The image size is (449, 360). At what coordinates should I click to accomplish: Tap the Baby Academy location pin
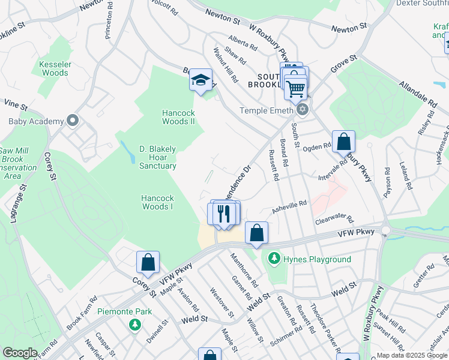coord(74,121)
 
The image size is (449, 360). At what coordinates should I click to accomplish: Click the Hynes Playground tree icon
coord(274,259)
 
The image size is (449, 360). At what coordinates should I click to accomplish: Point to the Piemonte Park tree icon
coord(136,325)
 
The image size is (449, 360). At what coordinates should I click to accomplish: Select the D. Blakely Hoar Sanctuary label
coord(158,157)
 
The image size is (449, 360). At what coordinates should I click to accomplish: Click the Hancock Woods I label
coord(157,202)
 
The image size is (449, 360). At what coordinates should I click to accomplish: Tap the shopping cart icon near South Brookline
coord(295,88)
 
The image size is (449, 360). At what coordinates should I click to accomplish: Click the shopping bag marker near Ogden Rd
coord(343,142)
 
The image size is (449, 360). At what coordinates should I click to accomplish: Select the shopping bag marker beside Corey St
coord(148,263)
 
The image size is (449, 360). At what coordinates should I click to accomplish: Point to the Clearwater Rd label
coord(334,221)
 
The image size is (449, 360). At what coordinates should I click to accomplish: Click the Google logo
coord(19,353)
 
